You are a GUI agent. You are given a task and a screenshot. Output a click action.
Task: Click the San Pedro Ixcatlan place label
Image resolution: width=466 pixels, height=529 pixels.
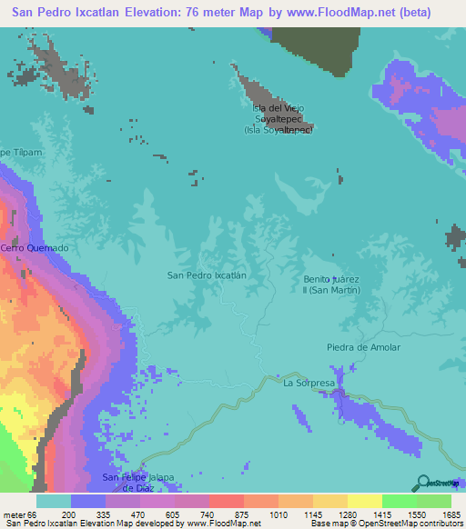point(208,274)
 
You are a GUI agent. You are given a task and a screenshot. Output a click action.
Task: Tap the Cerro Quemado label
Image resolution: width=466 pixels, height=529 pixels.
point(35,248)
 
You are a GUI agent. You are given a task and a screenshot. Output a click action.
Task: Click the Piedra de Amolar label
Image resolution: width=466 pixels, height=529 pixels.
point(363,347)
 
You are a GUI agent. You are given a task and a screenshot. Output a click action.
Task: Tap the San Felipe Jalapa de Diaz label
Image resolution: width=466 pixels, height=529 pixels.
point(137,483)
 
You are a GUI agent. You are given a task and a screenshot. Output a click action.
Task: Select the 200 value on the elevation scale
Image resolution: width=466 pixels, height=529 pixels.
point(69,514)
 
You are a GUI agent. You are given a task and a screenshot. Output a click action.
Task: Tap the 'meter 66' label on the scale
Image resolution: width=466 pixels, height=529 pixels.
point(19,514)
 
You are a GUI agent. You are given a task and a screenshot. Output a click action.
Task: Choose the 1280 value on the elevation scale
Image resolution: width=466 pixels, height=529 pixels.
point(346,514)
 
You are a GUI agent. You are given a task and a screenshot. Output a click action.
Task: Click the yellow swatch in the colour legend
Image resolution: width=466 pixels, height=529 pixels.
point(365,501)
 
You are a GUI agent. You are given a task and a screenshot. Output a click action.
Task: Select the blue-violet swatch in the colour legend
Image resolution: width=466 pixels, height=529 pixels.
point(88,501)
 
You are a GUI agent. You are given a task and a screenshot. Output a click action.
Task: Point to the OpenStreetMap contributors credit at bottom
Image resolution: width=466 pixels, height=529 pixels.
point(382,524)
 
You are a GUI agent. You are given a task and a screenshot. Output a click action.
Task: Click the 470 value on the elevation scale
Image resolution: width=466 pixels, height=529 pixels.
point(138,514)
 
